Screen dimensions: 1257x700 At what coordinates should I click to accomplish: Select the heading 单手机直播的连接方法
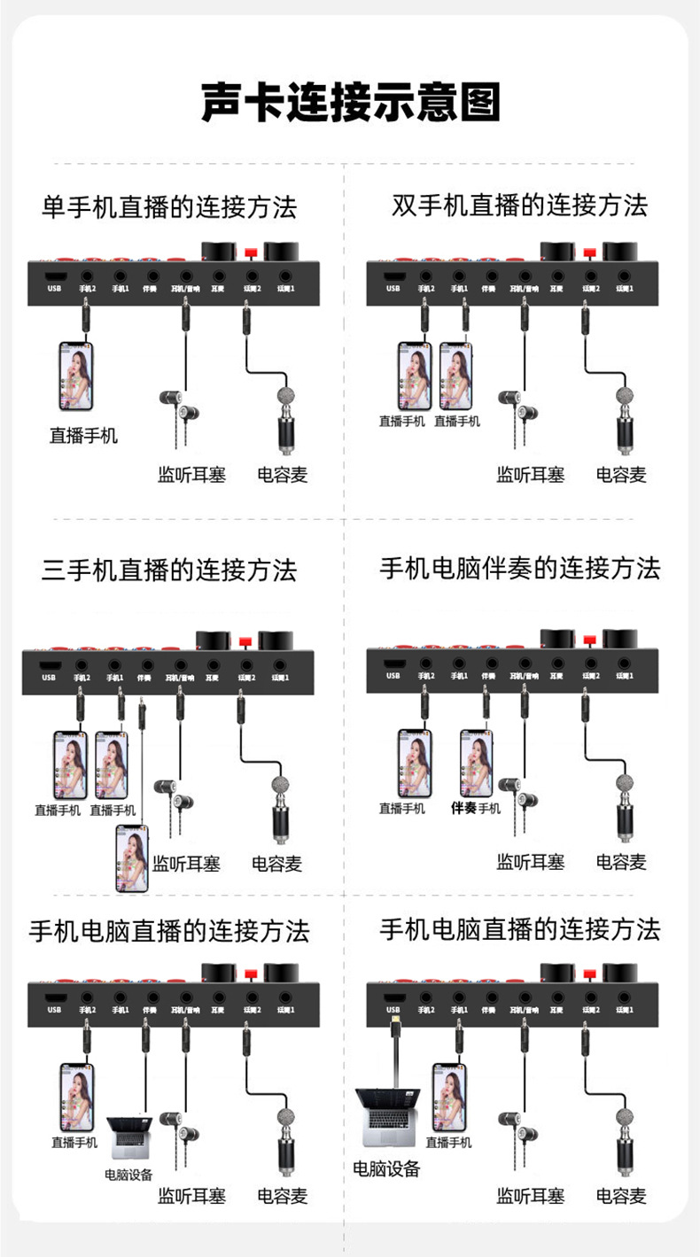[x=169, y=207]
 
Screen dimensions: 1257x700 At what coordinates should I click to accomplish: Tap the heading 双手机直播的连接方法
[x=520, y=206]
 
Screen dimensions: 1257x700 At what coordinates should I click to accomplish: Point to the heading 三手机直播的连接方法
[x=169, y=570]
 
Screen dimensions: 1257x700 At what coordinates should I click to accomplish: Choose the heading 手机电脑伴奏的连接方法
[x=520, y=568]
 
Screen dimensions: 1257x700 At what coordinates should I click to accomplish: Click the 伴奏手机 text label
[x=476, y=808]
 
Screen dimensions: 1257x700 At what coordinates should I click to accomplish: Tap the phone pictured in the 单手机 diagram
[x=75, y=376]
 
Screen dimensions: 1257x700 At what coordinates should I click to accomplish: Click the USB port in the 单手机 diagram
[x=55, y=277]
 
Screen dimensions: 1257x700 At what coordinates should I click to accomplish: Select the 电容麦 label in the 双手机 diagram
[x=621, y=475]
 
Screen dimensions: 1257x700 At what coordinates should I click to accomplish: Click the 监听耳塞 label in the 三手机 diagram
[x=186, y=863]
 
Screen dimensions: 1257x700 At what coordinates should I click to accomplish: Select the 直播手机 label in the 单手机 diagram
[x=82, y=435]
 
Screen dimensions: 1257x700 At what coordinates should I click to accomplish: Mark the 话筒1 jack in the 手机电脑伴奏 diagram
[x=626, y=663]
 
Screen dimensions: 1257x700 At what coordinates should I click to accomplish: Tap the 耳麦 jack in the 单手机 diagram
[x=217, y=277]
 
